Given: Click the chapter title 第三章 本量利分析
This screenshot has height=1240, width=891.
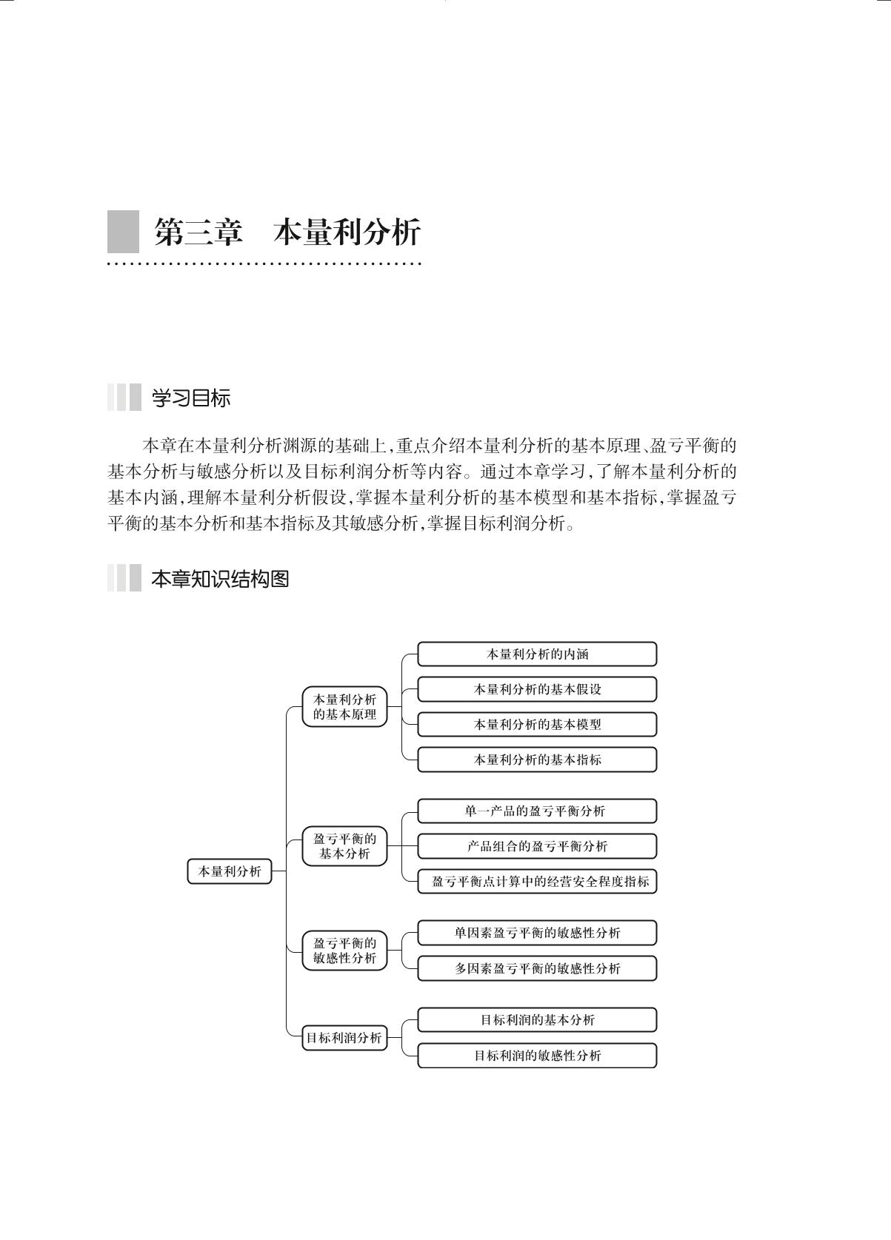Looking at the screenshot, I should (287, 232).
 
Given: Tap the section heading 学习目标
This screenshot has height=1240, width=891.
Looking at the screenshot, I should (190, 398).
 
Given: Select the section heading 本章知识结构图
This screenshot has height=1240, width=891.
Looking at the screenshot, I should (219, 579).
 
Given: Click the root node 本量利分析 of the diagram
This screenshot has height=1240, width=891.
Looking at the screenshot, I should (230, 871).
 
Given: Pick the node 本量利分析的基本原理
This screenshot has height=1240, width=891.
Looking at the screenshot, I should (344, 707).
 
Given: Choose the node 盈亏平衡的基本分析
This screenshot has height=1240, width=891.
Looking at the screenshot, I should (344, 846).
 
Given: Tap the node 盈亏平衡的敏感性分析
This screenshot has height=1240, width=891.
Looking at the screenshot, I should (344, 951).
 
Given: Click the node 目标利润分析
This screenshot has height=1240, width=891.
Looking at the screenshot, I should (344, 1038).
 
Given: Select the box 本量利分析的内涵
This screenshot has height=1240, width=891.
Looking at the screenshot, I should (537, 654).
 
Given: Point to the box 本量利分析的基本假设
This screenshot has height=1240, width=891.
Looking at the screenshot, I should (537, 689).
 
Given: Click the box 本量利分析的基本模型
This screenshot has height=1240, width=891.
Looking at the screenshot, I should (537, 725).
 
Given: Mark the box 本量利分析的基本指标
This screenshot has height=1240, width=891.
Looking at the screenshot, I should (537, 760).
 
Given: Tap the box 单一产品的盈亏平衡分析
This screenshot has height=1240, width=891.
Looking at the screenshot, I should (537, 811).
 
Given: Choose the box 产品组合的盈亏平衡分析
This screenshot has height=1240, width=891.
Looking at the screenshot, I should (537, 846).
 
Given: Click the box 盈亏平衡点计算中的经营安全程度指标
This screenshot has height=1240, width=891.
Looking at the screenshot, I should (537, 882).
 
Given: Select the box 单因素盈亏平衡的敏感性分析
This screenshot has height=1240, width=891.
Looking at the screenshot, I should (537, 933).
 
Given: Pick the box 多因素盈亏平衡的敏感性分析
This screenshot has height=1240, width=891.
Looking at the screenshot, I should (537, 968).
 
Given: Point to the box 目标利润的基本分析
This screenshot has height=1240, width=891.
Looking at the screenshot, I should (537, 1020).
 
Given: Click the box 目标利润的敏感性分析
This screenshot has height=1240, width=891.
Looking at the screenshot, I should (537, 1056).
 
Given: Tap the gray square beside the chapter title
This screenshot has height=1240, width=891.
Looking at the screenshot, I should (123, 232).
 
